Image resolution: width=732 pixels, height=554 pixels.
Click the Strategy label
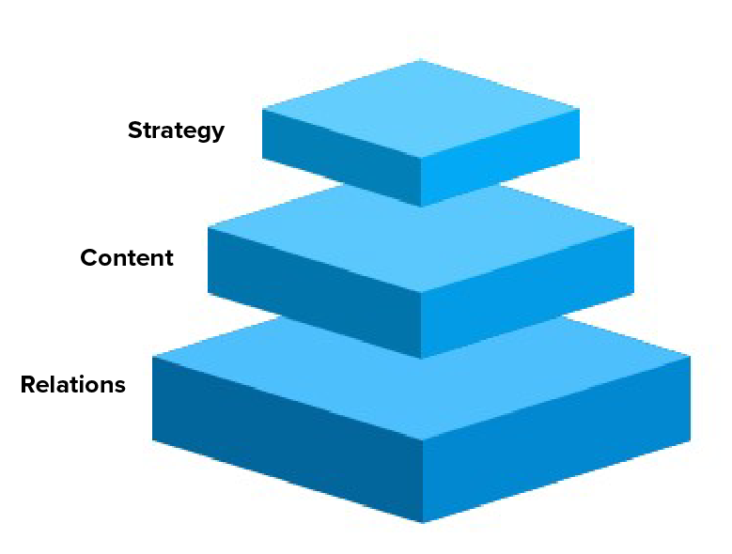tap(176, 131)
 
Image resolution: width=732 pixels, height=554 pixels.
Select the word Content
tap(127, 258)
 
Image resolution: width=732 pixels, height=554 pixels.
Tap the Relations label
tap(72, 385)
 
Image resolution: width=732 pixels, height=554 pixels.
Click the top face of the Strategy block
tap(420, 109)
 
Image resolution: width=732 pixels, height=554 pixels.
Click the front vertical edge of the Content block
tap(421, 325)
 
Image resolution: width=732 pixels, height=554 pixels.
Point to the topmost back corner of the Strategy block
tap(420, 60)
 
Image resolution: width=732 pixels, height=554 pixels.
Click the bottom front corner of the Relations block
tap(422, 523)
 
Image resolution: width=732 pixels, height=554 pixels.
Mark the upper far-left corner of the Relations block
tap(153, 358)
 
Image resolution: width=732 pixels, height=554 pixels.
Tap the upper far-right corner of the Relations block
tap(690, 357)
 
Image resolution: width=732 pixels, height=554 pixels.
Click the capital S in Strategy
tap(135, 131)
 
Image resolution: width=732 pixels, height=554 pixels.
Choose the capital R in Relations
tap(28, 385)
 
